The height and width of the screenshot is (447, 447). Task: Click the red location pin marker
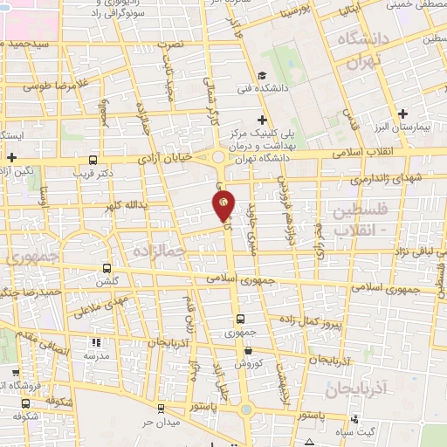223,204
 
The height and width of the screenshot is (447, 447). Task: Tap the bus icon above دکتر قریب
93,160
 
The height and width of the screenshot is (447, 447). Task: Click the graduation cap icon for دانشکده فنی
262,76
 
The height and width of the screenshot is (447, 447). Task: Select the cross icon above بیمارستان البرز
402,113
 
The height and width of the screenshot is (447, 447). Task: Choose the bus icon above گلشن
107,269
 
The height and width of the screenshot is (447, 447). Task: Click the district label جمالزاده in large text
162,251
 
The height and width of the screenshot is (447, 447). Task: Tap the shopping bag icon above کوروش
249,350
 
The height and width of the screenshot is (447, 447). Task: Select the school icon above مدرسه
97,343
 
